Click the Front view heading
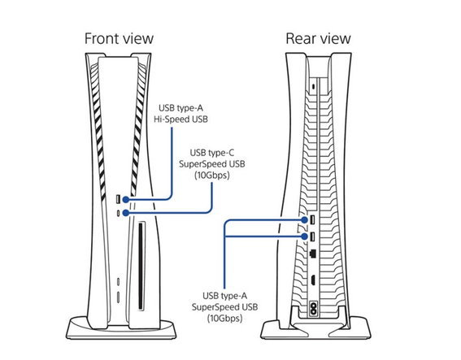119,38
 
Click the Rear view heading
318,38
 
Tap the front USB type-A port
118,200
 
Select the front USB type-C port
118,213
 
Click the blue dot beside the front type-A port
126,200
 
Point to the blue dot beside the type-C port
126,213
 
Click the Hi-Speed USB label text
180,119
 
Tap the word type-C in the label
222,153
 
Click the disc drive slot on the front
141,267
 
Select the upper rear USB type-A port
312,219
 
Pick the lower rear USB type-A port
312,236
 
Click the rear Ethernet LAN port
313,253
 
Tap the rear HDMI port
312,280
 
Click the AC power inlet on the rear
313,309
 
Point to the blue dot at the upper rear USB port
305,220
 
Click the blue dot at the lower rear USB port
305,236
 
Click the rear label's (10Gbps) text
225,319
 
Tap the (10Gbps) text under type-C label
212,176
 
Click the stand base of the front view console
121,328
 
